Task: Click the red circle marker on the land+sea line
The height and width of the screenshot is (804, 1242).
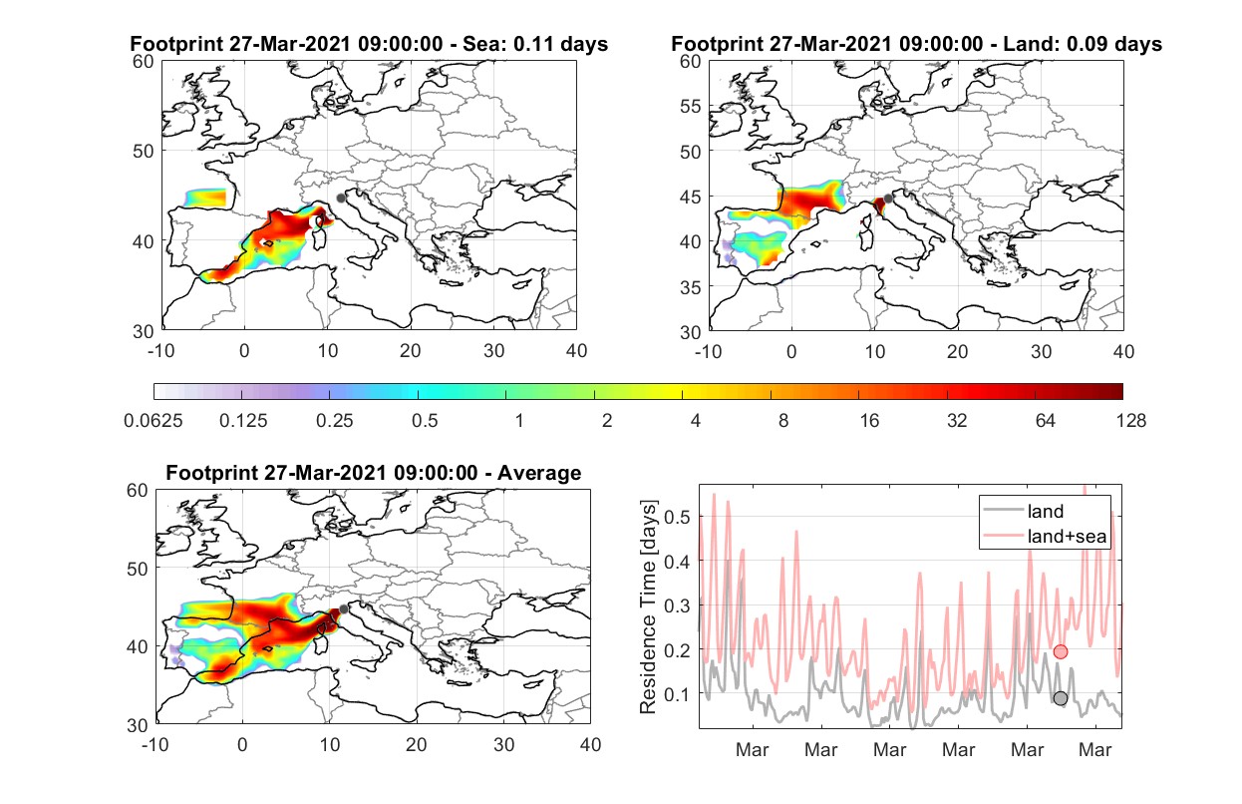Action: (1061, 651)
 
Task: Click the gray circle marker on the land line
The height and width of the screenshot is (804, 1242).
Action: (1061, 698)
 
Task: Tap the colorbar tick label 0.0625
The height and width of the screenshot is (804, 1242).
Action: (154, 421)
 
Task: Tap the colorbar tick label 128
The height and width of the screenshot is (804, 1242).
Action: (1131, 421)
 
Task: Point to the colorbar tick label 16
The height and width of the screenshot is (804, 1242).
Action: (869, 421)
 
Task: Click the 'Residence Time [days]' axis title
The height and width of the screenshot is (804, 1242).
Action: (648, 607)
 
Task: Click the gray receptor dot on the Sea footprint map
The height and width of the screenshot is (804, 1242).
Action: (341, 199)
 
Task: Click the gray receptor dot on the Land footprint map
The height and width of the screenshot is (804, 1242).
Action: (888, 199)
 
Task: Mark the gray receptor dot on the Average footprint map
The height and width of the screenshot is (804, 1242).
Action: (344, 609)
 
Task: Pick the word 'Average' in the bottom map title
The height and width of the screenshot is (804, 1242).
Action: (539, 473)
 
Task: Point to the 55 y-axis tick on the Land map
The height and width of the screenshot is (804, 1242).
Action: (691, 106)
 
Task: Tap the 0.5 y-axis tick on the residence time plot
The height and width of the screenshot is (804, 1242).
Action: (677, 517)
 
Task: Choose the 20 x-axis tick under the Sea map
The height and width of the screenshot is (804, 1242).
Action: (411, 351)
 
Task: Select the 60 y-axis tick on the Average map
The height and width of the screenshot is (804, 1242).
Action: (138, 491)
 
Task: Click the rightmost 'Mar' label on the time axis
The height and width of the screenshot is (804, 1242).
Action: (1095, 750)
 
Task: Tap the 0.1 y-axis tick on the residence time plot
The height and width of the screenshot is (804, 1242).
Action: (677, 694)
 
